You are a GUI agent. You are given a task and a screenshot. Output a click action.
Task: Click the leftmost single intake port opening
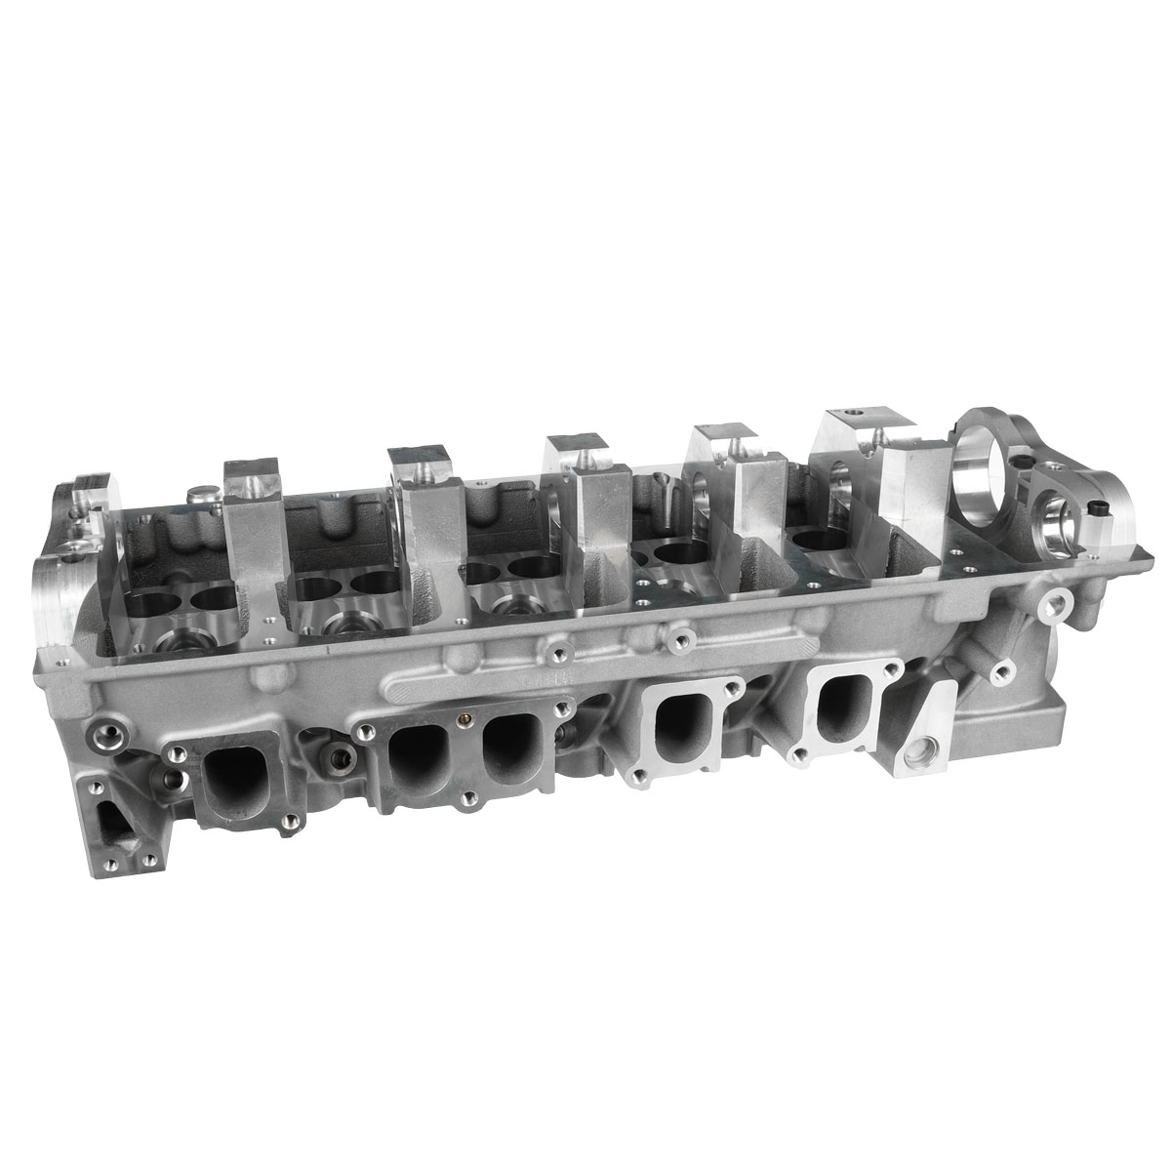pos(231,777)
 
